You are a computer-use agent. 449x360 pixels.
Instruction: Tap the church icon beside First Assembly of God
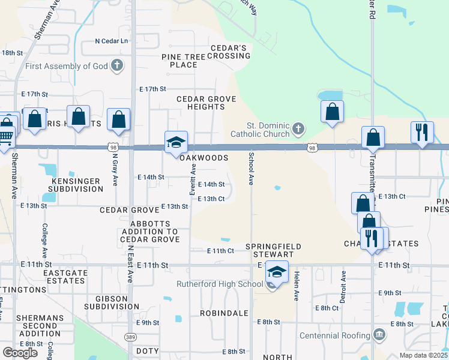117,65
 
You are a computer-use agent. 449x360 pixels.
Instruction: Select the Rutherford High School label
220,284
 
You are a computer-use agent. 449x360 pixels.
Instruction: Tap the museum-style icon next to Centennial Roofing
379,334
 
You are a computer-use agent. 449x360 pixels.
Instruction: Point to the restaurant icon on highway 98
422,133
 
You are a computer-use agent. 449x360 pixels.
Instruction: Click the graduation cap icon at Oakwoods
176,143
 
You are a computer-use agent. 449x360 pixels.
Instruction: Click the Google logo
20,353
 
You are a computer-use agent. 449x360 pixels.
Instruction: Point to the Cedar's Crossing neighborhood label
229,52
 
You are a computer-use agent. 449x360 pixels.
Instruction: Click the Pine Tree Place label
184,61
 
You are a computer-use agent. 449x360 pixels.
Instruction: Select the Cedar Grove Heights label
200,103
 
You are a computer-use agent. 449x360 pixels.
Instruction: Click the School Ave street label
250,169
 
